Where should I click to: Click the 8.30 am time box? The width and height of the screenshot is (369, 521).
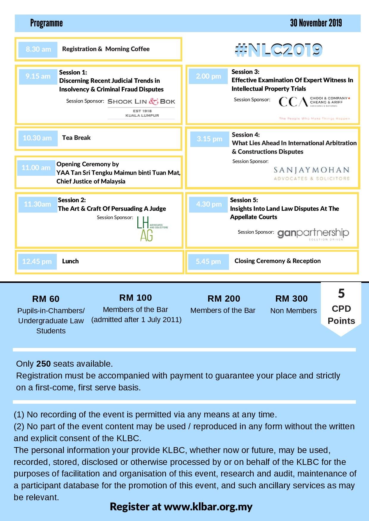(38, 49)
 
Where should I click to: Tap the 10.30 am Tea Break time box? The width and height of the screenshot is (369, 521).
(38, 138)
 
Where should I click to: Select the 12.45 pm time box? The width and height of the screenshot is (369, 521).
(37, 262)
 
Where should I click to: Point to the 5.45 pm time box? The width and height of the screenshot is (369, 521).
(208, 262)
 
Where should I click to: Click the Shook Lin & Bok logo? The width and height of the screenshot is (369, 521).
(141, 108)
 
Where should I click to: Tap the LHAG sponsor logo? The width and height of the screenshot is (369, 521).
(152, 229)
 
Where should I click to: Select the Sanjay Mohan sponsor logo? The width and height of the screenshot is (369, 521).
(311, 174)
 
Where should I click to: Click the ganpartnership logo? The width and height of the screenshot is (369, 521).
(313, 234)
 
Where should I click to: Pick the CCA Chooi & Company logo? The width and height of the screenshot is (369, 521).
(314, 102)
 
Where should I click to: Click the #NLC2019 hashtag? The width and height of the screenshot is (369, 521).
(278, 50)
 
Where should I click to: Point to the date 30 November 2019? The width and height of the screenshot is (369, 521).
(316, 23)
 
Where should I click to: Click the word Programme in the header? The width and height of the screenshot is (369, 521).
(46, 23)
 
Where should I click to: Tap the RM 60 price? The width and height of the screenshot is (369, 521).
(46, 299)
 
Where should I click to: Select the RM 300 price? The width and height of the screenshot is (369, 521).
(291, 298)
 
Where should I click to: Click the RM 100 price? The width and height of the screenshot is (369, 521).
(136, 297)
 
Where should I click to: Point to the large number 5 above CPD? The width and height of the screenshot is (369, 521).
(341, 294)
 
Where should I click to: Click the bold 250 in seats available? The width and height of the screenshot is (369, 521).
(43, 364)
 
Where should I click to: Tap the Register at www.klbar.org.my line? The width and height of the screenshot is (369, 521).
(181, 506)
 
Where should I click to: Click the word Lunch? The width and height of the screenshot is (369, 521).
(70, 261)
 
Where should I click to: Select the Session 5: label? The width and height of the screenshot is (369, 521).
(244, 200)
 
